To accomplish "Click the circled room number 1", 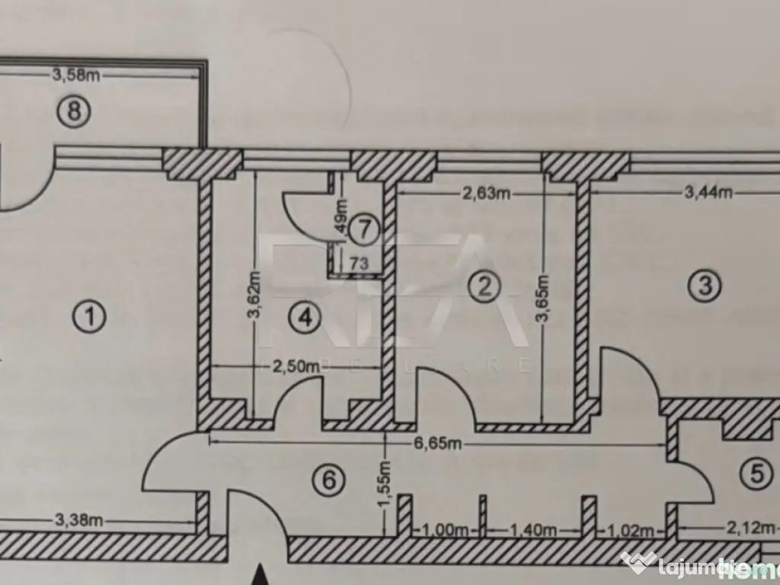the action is (x=91, y=315).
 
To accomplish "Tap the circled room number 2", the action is (x=484, y=286).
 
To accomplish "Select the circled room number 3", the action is (x=705, y=286).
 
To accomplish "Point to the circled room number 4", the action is (x=305, y=317).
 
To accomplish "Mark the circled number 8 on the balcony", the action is (x=74, y=111).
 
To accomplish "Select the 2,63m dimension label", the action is (x=486, y=193).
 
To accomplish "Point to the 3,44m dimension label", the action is (x=708, y=193).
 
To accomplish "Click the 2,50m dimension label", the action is (x=296, y=366).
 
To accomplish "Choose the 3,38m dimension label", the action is (x=78, y=521).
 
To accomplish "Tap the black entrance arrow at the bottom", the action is (x=261, y=574).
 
